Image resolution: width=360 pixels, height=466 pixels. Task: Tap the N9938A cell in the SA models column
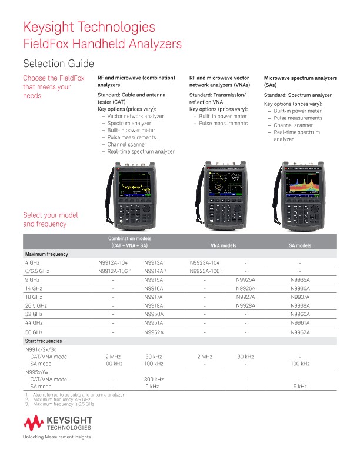coord(299,306)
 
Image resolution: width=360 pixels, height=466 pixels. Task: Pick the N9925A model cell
coord(245,280)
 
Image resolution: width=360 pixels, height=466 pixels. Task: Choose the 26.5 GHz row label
coord(36,306)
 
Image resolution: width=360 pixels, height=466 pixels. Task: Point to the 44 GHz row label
coord(33,323)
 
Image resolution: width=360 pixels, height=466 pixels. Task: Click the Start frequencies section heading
coord(44,341)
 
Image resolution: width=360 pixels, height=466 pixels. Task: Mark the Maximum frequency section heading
coord(46,254)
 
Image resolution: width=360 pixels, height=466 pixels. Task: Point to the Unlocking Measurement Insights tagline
coord(56,437)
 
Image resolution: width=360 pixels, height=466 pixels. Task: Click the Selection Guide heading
coord(58,64)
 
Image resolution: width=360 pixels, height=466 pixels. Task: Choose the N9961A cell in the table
coord(299,323)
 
